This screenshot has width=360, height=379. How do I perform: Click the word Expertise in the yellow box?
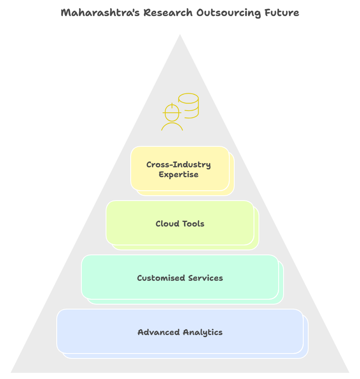pyautogui.click(x=178, y=175)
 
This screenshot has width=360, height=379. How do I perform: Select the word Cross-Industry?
pyautogui.click(x=178, y=165)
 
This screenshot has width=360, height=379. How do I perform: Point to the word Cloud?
pyautogui.click(x=166, y=224)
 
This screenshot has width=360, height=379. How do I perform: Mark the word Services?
pyautogui.click(x=205, y=278)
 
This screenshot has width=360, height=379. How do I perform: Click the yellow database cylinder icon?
pyautogui.click(x=189, y=105)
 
